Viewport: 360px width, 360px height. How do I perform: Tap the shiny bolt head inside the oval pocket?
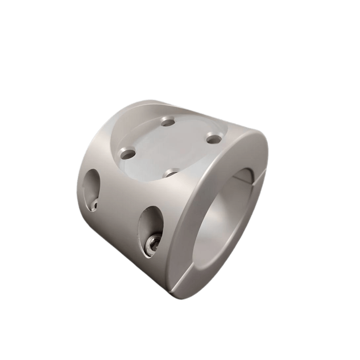(x=153, y=244)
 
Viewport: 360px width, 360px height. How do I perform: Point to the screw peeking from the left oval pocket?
(x=94, y=205)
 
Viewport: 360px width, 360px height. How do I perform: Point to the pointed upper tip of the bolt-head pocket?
(x=152, y=208)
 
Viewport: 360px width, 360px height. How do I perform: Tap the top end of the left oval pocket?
(x=94, y=171)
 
